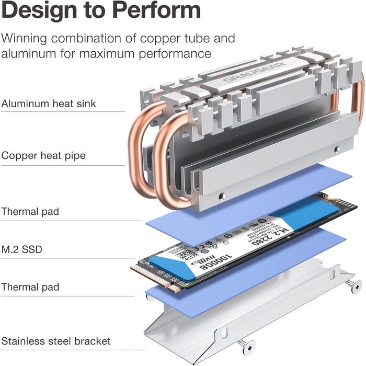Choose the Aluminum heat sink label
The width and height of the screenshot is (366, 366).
[49, 104]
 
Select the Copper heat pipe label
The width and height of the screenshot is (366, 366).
[43, 155]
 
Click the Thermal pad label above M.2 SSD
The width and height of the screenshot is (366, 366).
[38, 212]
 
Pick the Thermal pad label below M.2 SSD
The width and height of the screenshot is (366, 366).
[38, 287]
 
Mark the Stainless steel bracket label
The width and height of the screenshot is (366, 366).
[56, 341]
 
